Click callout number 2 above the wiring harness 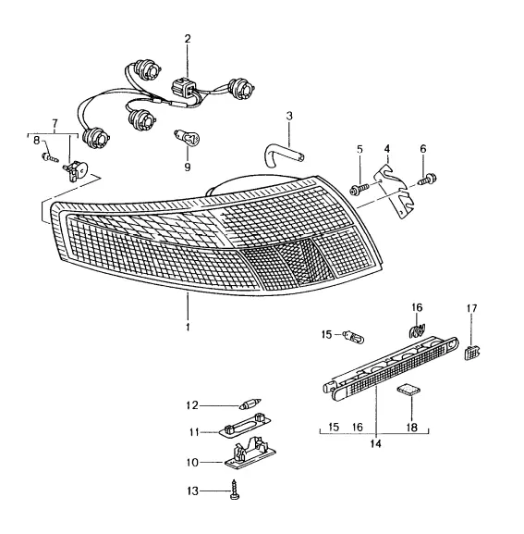click(188, 39)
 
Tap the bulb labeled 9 click(187, 138)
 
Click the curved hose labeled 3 click(283, 157)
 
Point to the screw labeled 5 click(359, 189)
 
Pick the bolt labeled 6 click(428, 180)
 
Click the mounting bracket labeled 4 click(396, 192)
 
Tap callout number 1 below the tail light click(188, 327)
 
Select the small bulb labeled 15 click(354, 336)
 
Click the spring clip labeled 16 click(417, 331)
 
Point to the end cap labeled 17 click(472, 353)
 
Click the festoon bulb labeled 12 click(250, 404)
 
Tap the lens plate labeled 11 click(244, 425)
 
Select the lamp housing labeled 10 click(250, 453)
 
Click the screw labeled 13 click(235, 490)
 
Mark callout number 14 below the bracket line click(376, 443)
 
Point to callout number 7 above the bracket click(55, 123)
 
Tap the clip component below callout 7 click(76, 170)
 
